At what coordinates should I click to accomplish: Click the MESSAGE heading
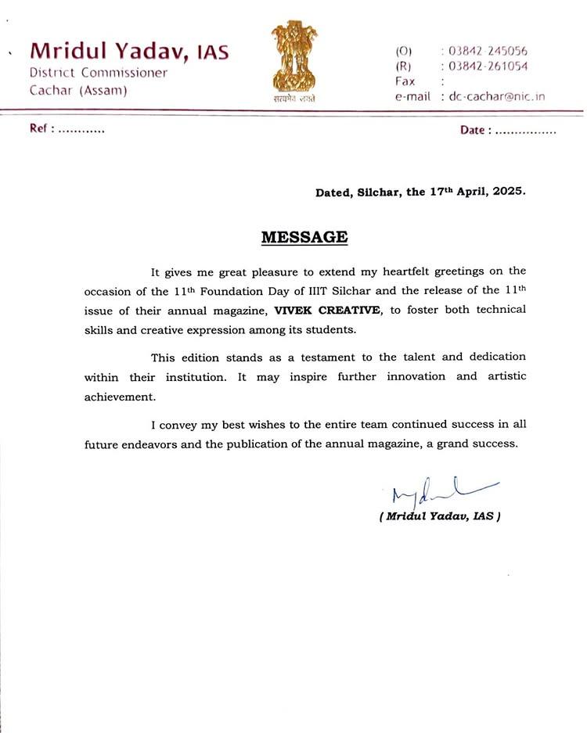pos(304,237)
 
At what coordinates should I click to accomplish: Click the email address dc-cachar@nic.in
pos(496,96)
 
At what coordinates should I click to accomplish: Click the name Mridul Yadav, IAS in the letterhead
pos(129,52)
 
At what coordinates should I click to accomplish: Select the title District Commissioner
pos(99,73)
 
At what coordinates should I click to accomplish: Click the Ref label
pos(41,129)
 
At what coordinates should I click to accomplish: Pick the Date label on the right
pos(472,130)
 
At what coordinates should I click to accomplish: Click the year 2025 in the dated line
pos(508,191)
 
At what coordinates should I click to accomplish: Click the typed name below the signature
pos(440,516)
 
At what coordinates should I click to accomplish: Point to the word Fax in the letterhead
pos(405,81)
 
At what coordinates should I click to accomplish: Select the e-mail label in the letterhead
pos(413,96)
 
